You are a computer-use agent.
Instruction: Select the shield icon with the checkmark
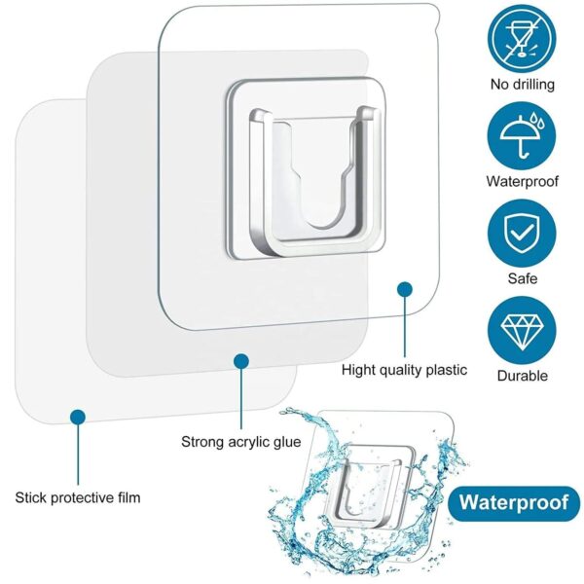click(523, 231)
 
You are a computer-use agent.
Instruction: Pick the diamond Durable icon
click(523, 328)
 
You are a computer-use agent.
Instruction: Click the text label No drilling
click(523, 84)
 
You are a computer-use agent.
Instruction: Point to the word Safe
click(523, 278)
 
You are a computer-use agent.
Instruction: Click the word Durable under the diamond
click(523, 376)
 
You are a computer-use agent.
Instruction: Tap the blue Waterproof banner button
click(513, 503)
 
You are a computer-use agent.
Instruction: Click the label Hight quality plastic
click(404, 370)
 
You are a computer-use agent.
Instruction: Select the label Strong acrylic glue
click(240, 442)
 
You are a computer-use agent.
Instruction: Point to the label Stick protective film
click(78, 497)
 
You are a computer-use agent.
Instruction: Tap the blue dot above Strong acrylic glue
click(240, 361)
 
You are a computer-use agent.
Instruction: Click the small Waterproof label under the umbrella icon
click(523, 181)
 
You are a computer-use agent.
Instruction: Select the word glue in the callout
click(284, 442)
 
